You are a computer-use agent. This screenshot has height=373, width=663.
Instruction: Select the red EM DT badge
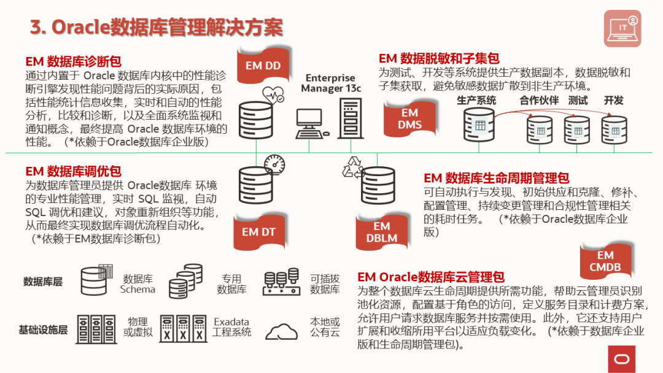tap(259, 232)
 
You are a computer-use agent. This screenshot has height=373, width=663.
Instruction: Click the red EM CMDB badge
tap(605, 261)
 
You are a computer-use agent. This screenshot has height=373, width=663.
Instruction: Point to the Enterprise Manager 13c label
tap(330, 83)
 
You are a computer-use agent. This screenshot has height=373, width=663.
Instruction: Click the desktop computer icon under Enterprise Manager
tap(312, 123)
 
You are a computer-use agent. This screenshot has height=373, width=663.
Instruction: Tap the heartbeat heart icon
tap(273, 95)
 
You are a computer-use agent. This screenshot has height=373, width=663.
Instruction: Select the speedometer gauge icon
tap(274, 164)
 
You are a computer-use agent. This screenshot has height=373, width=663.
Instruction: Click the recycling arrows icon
tap(353, 167)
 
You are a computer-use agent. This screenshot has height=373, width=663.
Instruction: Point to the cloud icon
tap(286, 331)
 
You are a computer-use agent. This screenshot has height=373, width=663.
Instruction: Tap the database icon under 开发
tap(614, 129)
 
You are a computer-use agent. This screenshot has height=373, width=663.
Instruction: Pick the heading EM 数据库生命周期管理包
tap(497, 179)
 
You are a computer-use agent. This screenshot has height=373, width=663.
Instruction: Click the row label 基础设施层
tap(43, 330)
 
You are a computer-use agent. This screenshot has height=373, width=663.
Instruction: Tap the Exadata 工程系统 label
tap(231, 327)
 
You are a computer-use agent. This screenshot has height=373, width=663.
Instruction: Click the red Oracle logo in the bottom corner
tap(621, 359)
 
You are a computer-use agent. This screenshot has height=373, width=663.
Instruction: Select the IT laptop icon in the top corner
tap(622, 29)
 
